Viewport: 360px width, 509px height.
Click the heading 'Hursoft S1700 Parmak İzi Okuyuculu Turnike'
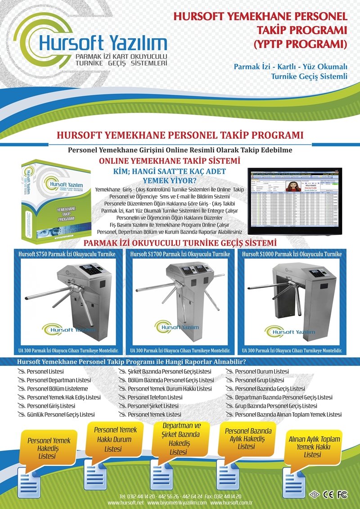(x=180, y=254)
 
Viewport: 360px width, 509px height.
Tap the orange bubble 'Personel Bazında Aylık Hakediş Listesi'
(x=248, y=438)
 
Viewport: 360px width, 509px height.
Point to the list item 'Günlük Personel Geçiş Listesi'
(x=61, y=414)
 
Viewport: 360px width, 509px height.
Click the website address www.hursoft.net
(x=126, y=502)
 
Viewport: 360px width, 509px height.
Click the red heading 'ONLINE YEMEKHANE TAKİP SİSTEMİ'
(x=169, y=161)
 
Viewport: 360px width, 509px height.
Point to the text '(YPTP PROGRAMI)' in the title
(x=301, y=44)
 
